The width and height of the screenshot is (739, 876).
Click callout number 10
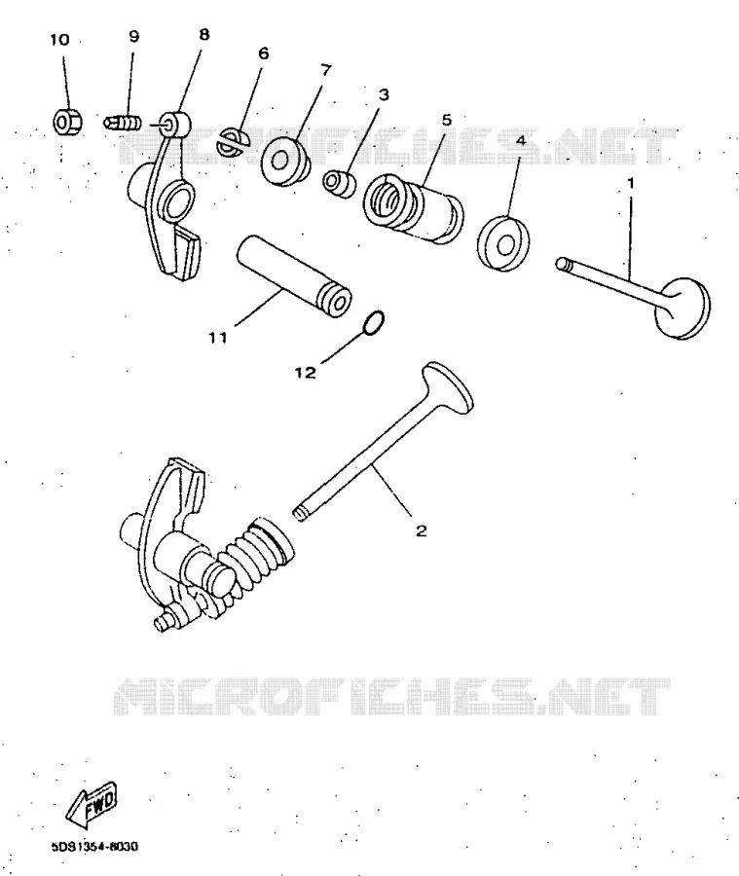tap(59, 40)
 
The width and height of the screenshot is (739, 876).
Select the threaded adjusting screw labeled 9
tap(123, 123)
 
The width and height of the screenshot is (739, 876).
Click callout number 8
tap(204, 35)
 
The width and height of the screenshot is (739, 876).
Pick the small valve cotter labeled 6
tap(234, 143)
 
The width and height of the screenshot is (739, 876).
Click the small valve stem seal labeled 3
tap(339, 183)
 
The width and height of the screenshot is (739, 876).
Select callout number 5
tap(446, 120)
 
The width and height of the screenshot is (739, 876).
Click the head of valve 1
tap(684, 308)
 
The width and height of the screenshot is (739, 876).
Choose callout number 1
tap(631, 183)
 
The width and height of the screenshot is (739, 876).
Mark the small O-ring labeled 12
tap(373, 323)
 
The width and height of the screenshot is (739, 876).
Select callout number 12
tap(305, 373)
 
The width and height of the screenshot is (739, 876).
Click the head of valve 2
tap(448, 387)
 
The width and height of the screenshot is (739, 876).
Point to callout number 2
tap(421, 530)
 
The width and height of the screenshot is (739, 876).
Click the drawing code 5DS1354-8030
tap(94, 847)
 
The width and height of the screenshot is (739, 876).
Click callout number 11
tap(218, 338)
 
